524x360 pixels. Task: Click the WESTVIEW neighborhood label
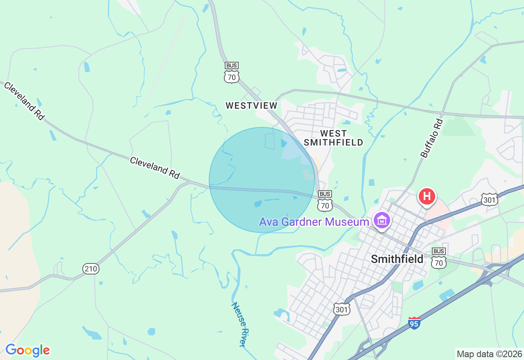[251, 106]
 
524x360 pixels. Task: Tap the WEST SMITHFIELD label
[334, 138]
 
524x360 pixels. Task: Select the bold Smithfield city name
[397, 259]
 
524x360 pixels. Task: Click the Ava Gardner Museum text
[314, 222]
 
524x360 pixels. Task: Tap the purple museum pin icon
[382, 221]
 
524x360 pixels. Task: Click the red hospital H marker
[427, 196]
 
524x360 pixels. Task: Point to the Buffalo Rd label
[432, 138]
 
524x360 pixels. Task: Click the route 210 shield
[90, 269]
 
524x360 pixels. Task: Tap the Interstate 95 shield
[414, 323]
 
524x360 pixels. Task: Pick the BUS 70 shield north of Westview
[232, 73]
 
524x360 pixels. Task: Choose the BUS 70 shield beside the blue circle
[325, 201]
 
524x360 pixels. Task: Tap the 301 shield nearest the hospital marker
[489, 199]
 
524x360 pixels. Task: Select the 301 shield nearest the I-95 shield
[341, 310]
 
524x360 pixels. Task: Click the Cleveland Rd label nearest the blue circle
[155, 167]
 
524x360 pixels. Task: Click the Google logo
[27, 351]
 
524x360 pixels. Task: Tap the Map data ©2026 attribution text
[489, 354]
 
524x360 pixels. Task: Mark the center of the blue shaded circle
[262, 180]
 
